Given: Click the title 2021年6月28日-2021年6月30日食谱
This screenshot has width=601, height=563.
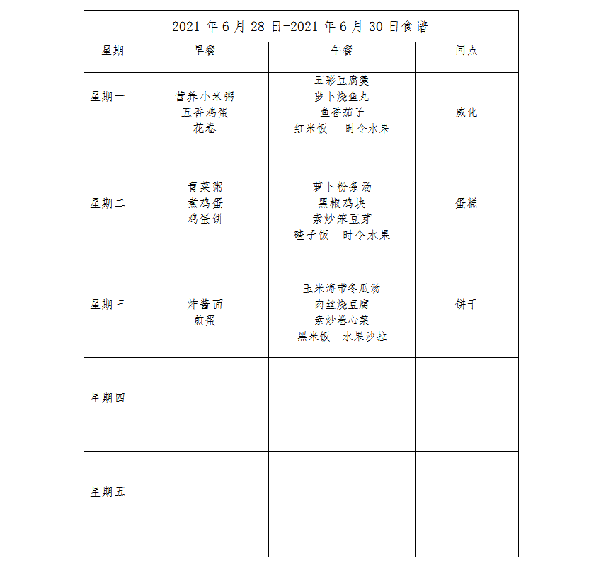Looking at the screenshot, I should pos(300,27).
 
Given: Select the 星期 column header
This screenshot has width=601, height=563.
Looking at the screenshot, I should pos(113,51).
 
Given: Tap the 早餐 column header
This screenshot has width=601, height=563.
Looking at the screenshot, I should pos(205,51).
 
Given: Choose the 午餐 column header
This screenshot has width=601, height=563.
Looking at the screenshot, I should pos(342,51).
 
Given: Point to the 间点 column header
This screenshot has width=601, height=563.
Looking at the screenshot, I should pos(467,51).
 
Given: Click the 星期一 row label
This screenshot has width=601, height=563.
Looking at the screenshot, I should pos(108,97).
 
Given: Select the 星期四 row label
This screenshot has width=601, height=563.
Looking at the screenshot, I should pos(108,398).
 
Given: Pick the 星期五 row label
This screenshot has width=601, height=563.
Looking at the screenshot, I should pos(108,492).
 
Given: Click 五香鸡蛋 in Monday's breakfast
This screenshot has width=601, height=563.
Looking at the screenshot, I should pos(205,112).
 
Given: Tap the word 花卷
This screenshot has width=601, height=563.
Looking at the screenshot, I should pos(205,129).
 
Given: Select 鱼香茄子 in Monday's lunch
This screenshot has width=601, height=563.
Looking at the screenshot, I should pos(342,112).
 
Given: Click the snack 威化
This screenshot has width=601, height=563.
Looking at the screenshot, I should pos(467,112).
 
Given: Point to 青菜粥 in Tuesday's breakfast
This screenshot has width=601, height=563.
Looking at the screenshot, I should pos(205,187).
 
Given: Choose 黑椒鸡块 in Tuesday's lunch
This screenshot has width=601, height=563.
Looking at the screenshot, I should pos(342,204).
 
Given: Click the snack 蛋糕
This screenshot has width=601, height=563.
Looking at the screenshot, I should pos(467,204).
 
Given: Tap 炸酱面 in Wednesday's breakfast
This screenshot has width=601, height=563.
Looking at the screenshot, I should pos(205,305).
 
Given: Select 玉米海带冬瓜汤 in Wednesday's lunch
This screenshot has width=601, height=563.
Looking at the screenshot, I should pos(342,289).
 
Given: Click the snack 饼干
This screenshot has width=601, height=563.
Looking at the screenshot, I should pos(467,305).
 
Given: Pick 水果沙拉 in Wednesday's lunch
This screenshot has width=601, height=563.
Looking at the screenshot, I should pos(365,337).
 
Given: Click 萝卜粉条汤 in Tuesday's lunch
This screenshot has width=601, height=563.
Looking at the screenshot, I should pos(342,187).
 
